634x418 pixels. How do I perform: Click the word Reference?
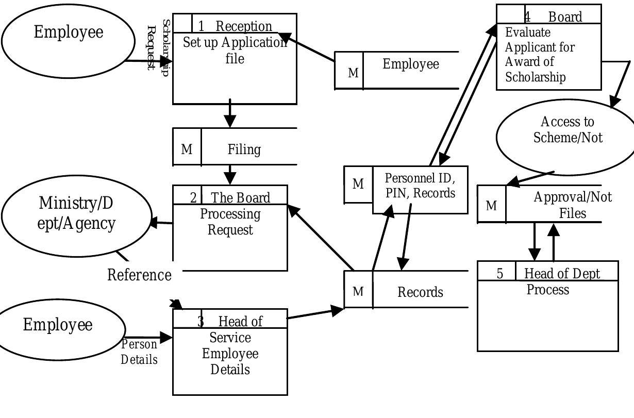pos(139,275)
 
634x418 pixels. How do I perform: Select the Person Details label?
pos(139,352)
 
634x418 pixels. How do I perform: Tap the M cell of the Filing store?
pos(187,149)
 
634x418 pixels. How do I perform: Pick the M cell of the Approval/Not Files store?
pos(491,206)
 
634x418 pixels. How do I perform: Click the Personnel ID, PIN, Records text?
pos(420,186)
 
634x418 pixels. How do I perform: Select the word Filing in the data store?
pos(244,149)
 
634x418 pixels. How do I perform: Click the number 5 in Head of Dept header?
pos(500,274)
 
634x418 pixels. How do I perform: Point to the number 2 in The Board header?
pos(193,198)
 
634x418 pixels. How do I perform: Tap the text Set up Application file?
pos(235,51)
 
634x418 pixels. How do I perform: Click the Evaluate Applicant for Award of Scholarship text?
pos(540,55)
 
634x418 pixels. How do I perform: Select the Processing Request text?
pos(230,222)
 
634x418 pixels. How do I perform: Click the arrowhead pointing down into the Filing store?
pos(230,121)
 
